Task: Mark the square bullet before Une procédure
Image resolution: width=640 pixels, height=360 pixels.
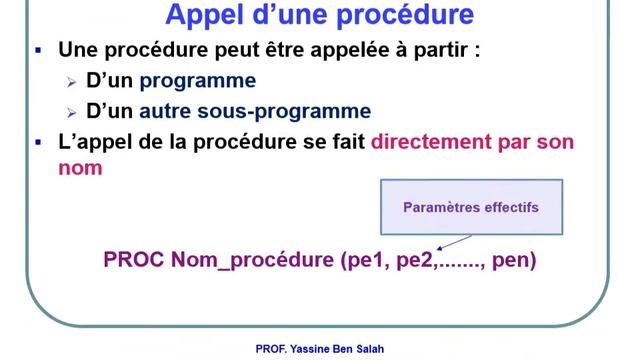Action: pos(38,50)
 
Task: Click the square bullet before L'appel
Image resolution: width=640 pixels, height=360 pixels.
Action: pos(38,141)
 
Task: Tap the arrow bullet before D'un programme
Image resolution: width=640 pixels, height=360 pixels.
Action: pos(72,82)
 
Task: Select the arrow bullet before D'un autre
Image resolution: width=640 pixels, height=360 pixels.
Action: pos(72,112)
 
